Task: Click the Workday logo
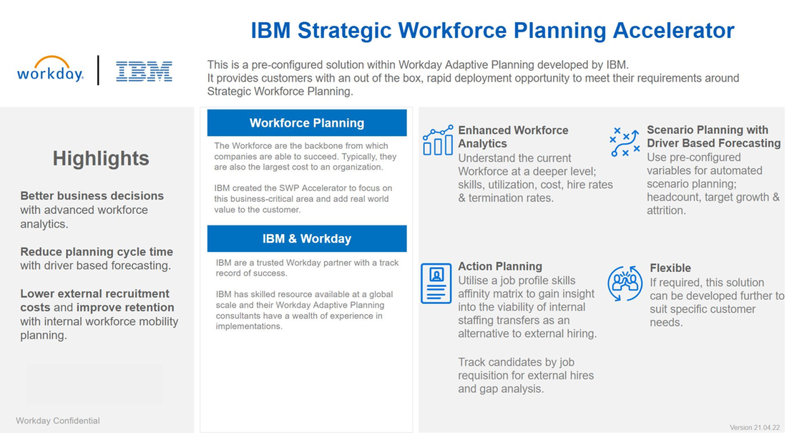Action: click(50, 69)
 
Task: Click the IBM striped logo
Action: click(144, 71)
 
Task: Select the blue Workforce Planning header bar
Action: click(307, 122)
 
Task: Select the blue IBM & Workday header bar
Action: click(307, 238)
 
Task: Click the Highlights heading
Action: click(101, 158)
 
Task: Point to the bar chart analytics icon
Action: click(437, 140)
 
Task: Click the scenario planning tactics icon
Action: click(624, 142)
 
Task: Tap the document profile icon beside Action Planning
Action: click(436, 283)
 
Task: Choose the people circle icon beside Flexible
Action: click(625, 283)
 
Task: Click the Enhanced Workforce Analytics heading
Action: click(513, 137)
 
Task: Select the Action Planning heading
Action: click(500, 266)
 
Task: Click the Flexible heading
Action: click(670, 268)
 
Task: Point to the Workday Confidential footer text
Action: click(58, 421)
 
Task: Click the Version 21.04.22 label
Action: click(755, 427)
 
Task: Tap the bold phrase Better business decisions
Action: click(92, 195)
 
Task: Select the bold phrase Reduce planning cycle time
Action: click(97, 252)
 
